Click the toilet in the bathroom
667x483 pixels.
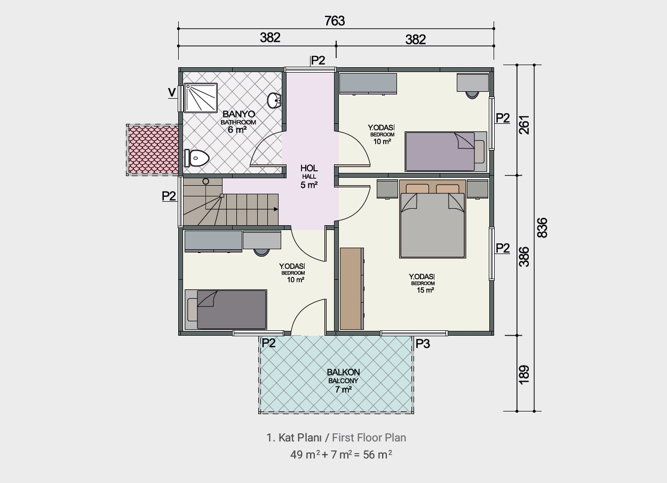coord(196,158)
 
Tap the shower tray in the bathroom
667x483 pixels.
coord(201,98)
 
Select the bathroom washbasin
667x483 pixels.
coord(274,100)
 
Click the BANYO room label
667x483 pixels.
coord(239,114)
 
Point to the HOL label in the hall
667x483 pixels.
coord(309,168)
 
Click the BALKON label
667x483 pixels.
coord(343,372)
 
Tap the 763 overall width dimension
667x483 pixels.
coord(335,21)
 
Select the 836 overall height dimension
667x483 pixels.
coord(542,228)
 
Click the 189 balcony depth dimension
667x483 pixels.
coord(524,375)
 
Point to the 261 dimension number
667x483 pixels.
coord(525,125)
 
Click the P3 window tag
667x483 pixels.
coord(423,344)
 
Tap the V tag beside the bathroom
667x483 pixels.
coord(172,92)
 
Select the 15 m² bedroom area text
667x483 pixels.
coord(425,290)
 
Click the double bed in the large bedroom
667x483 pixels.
coord(432,219)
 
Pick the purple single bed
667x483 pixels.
coord(446,152)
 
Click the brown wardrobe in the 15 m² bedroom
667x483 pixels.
coord(352,289)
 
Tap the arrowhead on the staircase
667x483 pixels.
coord(276,209)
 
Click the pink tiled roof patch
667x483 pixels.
coord(153,150)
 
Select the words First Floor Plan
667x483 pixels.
coord(369,438)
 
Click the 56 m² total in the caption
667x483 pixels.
coord(377,455)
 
